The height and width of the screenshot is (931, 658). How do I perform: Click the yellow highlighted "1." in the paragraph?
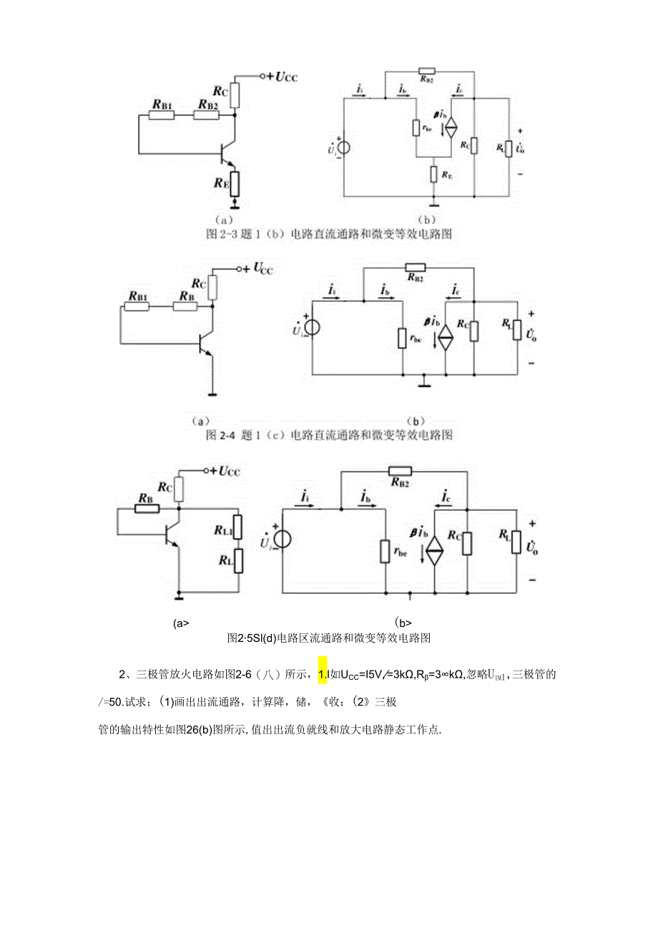323,673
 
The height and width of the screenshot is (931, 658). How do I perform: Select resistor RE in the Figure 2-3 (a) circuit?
234,184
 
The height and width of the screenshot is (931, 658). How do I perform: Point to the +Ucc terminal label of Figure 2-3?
282,76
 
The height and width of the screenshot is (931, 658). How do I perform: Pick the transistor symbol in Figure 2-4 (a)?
205,345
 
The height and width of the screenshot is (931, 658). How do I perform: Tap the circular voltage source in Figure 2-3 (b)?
343,148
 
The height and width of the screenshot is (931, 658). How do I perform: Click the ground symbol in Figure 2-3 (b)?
432,202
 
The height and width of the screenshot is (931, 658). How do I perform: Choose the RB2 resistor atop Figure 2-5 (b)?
400,471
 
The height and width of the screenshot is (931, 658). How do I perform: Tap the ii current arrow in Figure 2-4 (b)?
331,296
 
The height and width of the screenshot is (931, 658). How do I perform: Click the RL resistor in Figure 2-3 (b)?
507,148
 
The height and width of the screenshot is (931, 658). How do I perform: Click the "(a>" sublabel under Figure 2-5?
180,623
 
